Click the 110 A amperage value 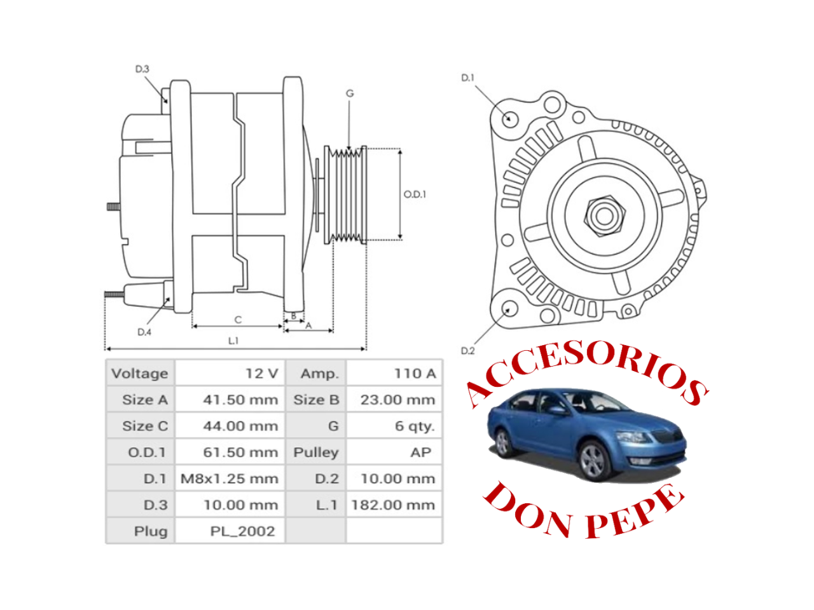(x=414, y=374)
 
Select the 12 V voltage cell (x=261, y=374)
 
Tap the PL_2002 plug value (x=242, y=531)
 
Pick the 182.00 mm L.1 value (x=393, y=505)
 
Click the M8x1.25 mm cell (x=229, y=478)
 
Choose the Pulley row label (x=315, y=452)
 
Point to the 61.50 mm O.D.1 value (x=240, y=452)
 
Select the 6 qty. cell (x=414, y=426)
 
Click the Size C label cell (x=144, y=426)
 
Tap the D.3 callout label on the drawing (x=142, y=69)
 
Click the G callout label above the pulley (x=350, y=93)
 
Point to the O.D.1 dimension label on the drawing (x=415, y=194)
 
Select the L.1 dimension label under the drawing (x=233, y=341)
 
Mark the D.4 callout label (x=144, y=332)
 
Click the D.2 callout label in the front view (x=467, y=351)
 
